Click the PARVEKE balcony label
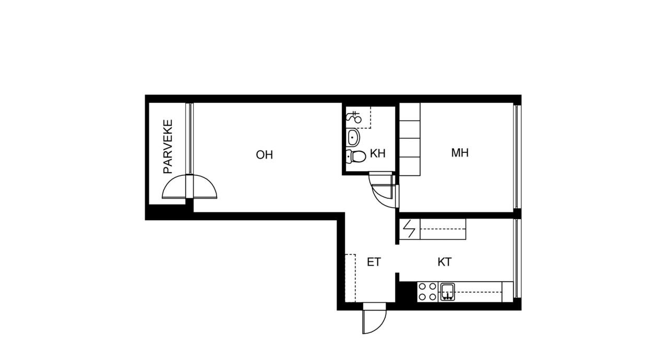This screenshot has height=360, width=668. tap(168, 147)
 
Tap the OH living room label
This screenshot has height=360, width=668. tap(264, 154)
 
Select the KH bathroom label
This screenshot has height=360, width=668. tap(377, 153)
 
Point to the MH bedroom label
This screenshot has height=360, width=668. tap(460, 152)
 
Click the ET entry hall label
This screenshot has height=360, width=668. tap(374, 262)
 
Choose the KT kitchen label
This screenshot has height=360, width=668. tap(444, 262)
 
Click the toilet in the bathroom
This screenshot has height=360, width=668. tap(356, 156)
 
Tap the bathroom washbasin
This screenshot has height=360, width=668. tap(353, 137)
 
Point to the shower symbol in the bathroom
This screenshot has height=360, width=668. tap(354, 117)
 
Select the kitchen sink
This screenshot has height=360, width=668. tap(448, 292)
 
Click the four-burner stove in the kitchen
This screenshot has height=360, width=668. tap(427, 292)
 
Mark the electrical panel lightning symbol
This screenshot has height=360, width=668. tap(409, 229)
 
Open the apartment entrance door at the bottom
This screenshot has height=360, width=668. tap(375, 318)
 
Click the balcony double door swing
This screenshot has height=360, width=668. tap(189, 187)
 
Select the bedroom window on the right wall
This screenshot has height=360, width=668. tap(517, 156)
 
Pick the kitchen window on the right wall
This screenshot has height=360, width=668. tap(517, 258)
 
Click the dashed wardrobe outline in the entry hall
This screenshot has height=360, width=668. tap(350, 278)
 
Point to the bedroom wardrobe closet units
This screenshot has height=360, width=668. tap(410, 139)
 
